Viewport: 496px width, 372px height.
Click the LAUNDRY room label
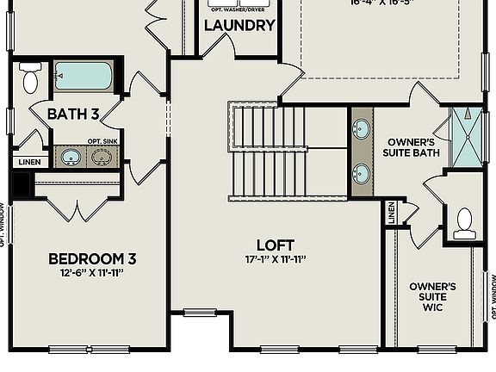tap(239, 26)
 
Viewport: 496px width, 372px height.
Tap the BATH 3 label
tap(72, 114)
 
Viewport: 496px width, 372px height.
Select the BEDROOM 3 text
tap(92, 258)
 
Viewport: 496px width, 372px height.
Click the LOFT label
tap(276, 245)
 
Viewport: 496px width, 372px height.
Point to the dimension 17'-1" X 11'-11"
tap(276, 259)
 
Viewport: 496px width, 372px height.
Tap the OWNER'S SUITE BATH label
tap(411, 147)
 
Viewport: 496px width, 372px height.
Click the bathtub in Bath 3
tap(83, 76)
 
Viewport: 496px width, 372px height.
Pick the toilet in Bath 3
tap(30, 78)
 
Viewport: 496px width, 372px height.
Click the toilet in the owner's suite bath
tap(465, 223)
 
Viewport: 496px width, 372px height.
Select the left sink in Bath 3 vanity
tap(71, 158)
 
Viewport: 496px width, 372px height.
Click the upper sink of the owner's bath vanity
tap(362, 130)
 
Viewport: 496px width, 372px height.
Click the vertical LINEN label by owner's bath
tap(391, 214)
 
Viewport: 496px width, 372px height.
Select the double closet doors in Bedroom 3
tap(76, 208)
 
